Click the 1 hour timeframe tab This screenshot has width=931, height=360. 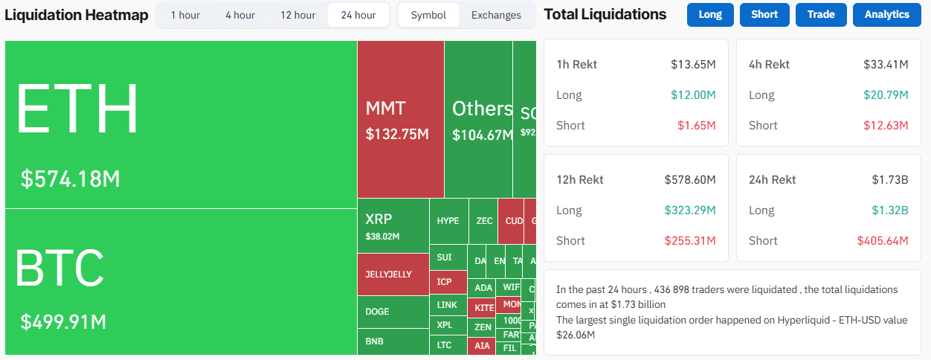click(185, 15)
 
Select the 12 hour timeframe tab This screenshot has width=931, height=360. click(297, 15)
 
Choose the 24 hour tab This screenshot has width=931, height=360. click(358, 15)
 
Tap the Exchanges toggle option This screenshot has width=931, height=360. click(496, 15)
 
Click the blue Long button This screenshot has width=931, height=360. click(710, 14)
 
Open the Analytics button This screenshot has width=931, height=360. click(886, 14)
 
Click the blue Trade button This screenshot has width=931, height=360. click(821, 14)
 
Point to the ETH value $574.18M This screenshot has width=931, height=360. click(70, 179)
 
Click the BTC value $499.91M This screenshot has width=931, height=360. click(63, 322)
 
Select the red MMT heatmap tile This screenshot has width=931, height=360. click(401, 119)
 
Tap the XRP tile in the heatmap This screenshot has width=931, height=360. click(393, 226)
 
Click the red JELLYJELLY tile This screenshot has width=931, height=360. click(393, 274)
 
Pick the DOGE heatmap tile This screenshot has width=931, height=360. click(393, 312)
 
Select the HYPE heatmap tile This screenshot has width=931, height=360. click(448, 221)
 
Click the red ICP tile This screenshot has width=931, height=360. click(445, 282)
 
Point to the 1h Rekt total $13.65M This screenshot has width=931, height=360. click(693, 65)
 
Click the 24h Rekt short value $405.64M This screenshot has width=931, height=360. click(883, 241)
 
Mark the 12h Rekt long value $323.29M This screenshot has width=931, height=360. click(689, 210)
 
